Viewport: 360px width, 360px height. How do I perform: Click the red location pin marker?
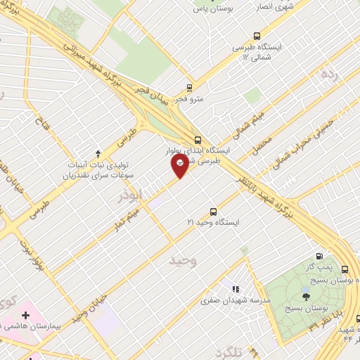click(181, 165)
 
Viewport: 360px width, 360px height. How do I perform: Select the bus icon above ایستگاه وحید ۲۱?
click(214, 212)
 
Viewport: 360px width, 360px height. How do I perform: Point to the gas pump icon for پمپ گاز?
click(321, 257)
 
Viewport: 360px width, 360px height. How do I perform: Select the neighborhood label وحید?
click(181, 261)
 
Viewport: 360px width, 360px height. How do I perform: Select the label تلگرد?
click(229, 352)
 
